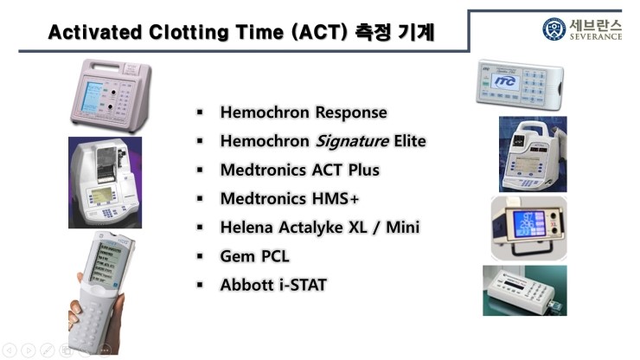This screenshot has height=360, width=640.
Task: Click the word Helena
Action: tap(247, 227)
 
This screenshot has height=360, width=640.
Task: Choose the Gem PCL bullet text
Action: tap(255, 255)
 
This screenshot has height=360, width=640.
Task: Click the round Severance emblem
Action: tap(554, 29)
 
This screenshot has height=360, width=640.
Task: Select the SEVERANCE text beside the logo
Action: tap(596, 37)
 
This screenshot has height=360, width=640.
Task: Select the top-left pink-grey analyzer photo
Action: tap(109, 93)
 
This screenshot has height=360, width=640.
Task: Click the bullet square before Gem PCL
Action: tap(200, 256)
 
